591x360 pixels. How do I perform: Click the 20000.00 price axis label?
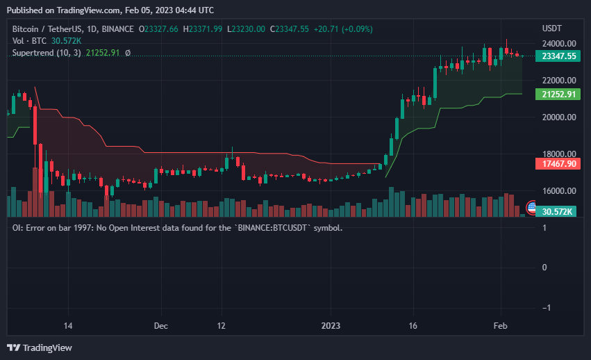[x=558, y=117]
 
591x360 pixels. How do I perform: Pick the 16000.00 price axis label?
[x=558, y=191]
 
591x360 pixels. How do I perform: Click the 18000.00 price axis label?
[x=558, y=154]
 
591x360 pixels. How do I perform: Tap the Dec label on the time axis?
[x=160, y=325]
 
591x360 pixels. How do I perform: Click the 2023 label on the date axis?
[x=331, y=325]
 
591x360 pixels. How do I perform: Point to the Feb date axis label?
[x=500, y=325]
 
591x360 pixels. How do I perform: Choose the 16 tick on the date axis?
[x=413, y=325]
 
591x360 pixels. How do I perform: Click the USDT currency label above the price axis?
[x=551, y=28]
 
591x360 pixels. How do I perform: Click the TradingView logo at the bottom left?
[x=40, y=347]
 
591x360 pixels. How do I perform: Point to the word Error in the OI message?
[x=35, y=227]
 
